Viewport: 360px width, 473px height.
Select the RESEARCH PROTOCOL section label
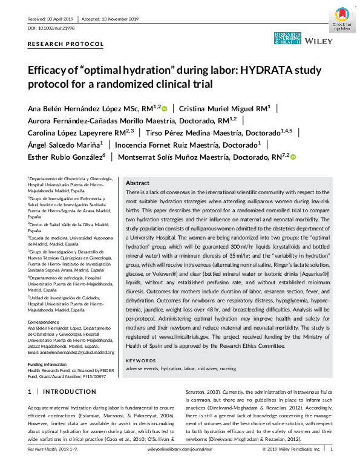click(x=65, y=45)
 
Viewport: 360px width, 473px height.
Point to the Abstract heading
click(x=137, y=183)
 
